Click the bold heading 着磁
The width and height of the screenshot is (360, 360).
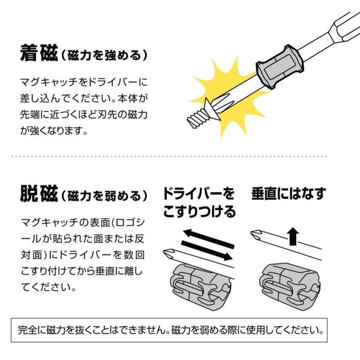(x=39, y=53)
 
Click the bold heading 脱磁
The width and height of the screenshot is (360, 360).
(x=39, y=194)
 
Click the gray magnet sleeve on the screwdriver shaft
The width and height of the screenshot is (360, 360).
(x=280, y=67)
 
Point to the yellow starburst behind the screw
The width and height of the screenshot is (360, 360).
(x=230, y=97)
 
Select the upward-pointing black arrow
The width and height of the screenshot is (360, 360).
(x=293, y=236)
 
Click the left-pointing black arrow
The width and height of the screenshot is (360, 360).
(x=208, y=238)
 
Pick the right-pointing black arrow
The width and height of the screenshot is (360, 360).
(x=206, y=250)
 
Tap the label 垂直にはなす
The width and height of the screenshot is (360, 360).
(x=289, y=194)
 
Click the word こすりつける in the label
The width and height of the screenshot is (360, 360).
(x=199, y=211)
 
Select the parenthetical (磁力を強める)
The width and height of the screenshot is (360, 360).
(x=104, y=55)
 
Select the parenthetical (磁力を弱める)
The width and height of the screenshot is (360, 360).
(x=104, y=196)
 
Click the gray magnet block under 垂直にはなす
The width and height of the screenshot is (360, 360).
(x=290, y=286)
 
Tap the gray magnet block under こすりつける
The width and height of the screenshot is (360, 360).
(x=200, y=286)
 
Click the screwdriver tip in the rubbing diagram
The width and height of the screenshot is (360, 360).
(x=169, y=253)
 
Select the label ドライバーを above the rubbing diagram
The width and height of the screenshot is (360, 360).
(x=199, y=194)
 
